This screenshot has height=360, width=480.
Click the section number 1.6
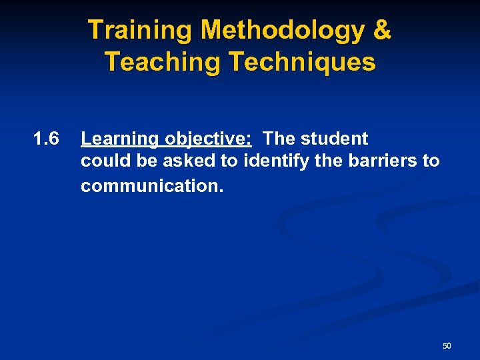pos(46,139)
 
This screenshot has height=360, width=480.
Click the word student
pos(335,139)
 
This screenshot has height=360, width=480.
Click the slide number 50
pos(447,346)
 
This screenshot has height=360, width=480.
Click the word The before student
pos(279,139)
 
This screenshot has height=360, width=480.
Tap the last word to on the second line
pos(431,161)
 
